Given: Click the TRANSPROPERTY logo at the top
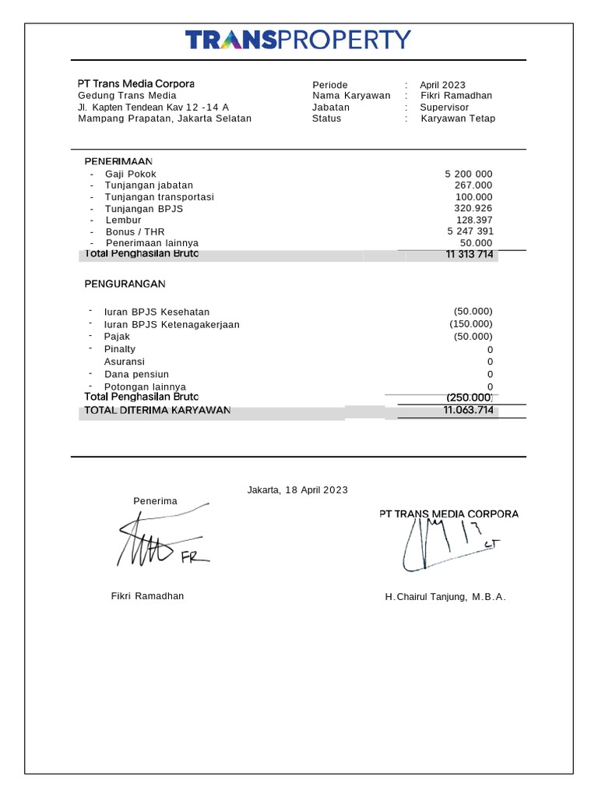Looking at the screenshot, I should tap(298, 39).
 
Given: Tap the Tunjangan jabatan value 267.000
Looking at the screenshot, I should tap(473, 185).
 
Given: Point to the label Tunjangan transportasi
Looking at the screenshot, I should tap(159, 197).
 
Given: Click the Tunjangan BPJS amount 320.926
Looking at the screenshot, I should tap(473, 208).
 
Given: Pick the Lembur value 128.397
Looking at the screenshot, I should tap(473, 220).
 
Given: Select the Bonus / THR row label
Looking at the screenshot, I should tap(135, 231).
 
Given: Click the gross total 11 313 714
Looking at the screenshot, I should tap(469, 254).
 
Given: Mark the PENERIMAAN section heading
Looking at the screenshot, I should tap(118, 161).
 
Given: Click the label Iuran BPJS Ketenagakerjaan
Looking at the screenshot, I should tap(171, 324).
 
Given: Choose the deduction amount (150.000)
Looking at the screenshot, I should tap(471, 323).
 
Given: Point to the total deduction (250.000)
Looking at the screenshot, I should tap(470, 397).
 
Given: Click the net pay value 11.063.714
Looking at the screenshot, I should tap(467, 410).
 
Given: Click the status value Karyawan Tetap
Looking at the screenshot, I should tap(458, 118).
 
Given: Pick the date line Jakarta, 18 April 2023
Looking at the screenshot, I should tap(297, 489).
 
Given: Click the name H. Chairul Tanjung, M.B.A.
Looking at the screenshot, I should tap(445, 596).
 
